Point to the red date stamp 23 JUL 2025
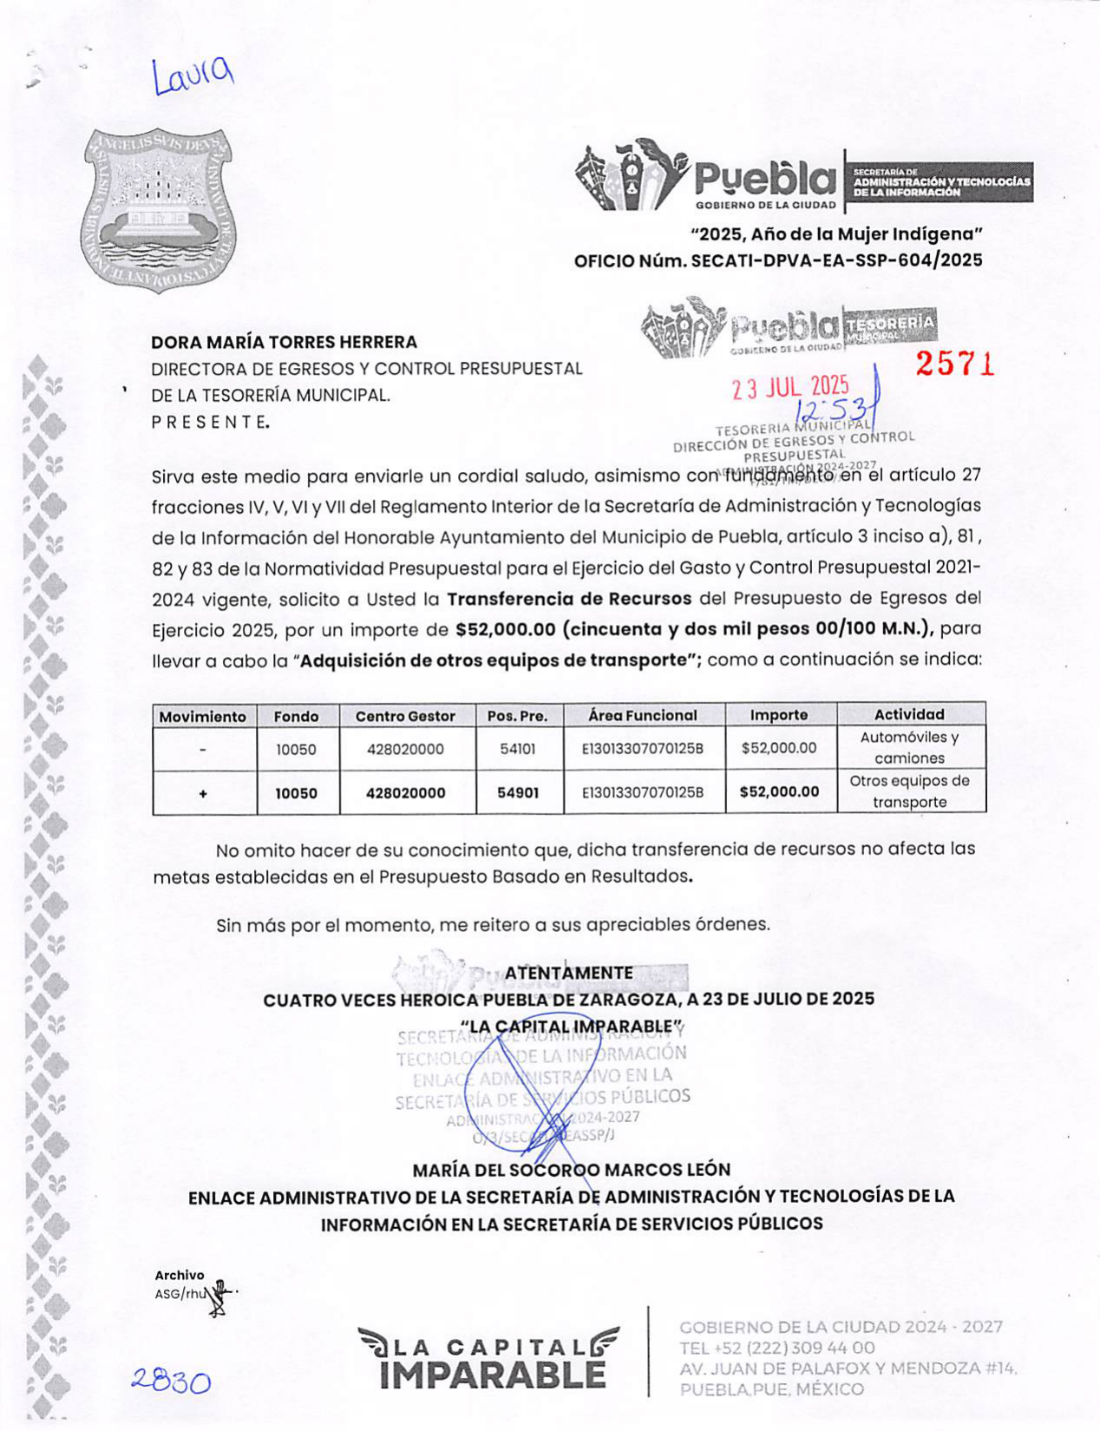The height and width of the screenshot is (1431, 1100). pyautogui.click(x=790, y=387)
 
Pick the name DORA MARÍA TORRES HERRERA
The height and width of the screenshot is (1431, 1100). pyautogui.click(x=284, y=342)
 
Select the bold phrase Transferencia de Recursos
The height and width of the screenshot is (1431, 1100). pyautogui.click(x=569, y=598)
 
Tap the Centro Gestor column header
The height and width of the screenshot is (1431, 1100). pyautogui.click(x=405, y=716)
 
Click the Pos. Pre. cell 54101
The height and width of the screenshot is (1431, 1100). pyautogui.click(x=518, y=748)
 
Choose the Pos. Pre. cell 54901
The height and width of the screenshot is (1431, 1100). pyautogui.click(x=518, y=792)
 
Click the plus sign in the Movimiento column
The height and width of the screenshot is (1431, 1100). pyautogui.click(x=203, y=792)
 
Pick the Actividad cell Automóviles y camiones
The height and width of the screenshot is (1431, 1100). pyautogui.click(x=909, y=747)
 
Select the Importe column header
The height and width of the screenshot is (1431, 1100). pyautogui.click(x=779, y=715)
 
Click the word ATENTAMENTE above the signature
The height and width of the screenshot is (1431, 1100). pyautogui.click(x=569, y=973)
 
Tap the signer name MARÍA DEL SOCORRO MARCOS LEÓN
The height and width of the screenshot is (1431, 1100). pyautogui.click(x=572, y=1170)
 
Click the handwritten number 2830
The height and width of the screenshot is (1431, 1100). pyautogui.click(x=171, y=1381)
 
